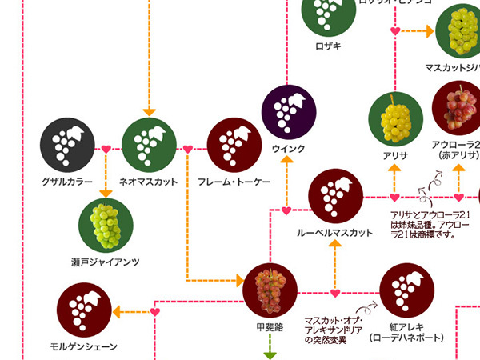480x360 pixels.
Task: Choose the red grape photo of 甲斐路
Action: coord(270,290)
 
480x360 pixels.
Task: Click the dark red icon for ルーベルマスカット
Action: coord(335,196)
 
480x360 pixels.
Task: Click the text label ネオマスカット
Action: coord(148,182)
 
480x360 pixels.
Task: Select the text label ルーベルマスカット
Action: coord(335,233)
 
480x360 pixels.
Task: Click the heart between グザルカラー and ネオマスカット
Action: coord(106,149)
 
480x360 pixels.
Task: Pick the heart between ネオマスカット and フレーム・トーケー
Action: coord(188,149)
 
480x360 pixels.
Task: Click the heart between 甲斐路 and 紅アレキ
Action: coord(335,293)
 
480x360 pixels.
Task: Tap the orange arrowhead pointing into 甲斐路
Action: coord(238,280)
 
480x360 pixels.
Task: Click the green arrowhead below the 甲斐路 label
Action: coord(270,350)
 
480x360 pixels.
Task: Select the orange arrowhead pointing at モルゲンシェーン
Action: coord(118,310)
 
